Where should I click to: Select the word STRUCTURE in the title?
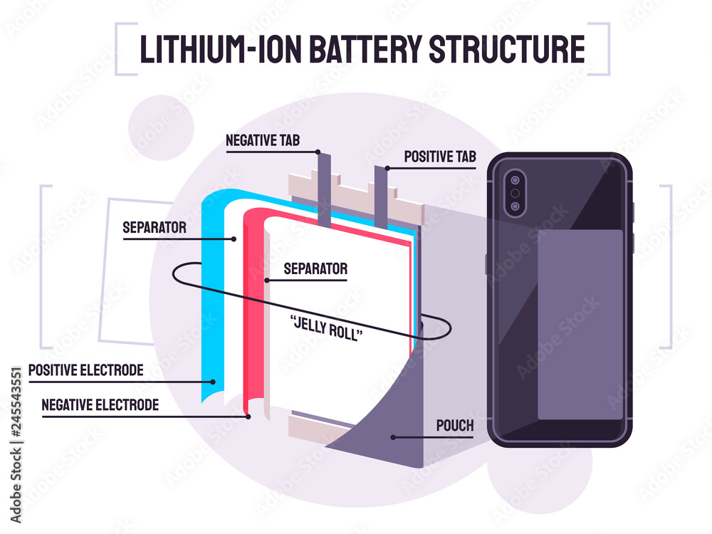[x=507, y=48]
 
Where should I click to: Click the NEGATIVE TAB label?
[x=263, y=140]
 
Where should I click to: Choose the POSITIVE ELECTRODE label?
[x=85, y=371]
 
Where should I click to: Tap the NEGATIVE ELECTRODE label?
[x=100, y=405]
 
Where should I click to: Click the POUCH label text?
[x=454, y=426]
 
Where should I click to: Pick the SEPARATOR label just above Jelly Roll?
[x=315, y=269]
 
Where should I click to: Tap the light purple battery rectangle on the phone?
[x=580, y=324]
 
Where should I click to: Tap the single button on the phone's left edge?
[x=487, y=263]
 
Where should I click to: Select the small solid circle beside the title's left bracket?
[x=162, y=130]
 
